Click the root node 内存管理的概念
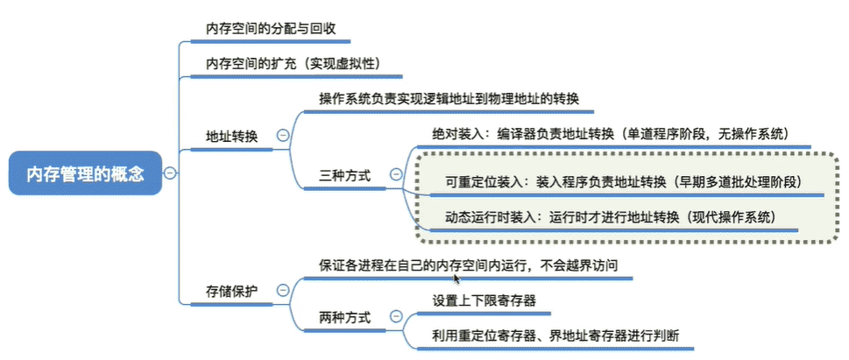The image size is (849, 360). pyautogui.click(x=86, y=173)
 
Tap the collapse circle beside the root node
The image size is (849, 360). pyautogui.click(x=170, y=173)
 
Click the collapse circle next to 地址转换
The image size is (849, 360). pyautogui.click(x=283, y=136)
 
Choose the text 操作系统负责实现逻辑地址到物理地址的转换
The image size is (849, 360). pyautogui.click(x=449, y=100)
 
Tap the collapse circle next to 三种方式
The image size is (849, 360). pyautogui.click(x=396, y=173)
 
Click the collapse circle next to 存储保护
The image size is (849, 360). pyautogui.click(x=283, y=291)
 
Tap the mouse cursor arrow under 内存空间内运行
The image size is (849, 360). pyautogui.click(x=456, y=279)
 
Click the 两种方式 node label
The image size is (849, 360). pyautogui.click(x=345, y=318)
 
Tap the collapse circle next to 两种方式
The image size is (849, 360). pyautogui.click(x=396, y=316)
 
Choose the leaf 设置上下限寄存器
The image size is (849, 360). pyautogui.click(x=484, y=300)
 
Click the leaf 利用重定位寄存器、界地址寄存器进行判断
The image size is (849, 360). pyautogui.click(x=555, y=335)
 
